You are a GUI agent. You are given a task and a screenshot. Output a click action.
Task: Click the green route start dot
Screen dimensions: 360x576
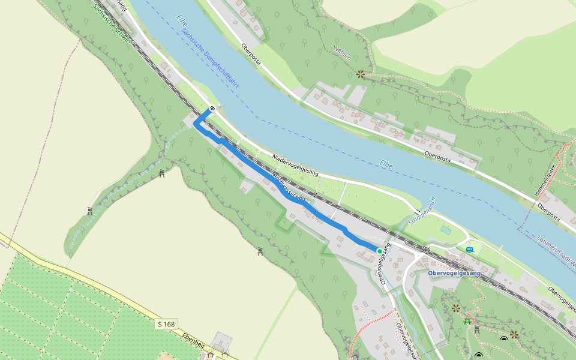[379, 251]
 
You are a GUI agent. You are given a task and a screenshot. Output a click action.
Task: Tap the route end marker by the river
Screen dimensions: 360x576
[212, 109]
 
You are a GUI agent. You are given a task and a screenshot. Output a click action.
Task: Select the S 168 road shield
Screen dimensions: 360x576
[166, 324]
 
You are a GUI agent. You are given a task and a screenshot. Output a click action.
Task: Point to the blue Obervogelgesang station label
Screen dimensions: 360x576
[454, 273]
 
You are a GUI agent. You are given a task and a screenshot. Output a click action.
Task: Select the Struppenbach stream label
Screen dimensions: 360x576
[423, 211]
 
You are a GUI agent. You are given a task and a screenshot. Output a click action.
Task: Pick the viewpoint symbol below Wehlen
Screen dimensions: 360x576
[360, 74]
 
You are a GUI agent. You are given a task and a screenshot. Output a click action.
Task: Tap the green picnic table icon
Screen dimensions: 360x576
[467, 321]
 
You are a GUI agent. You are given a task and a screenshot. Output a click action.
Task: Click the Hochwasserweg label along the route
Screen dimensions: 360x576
[290, 187]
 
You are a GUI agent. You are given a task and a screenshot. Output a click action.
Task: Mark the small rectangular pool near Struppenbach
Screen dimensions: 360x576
[445, 229]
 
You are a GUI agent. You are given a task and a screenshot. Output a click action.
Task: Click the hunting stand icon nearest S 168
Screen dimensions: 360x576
[261, 251]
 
